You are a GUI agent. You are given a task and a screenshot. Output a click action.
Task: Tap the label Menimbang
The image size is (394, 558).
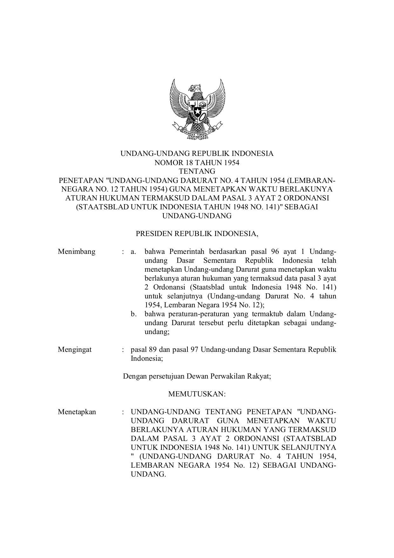click(77, 252)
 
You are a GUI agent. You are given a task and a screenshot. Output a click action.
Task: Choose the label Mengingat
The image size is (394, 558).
click(75, 350)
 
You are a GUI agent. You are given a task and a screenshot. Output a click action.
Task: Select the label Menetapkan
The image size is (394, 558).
click(77, 412)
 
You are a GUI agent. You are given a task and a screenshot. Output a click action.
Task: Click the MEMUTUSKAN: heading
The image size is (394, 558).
click(197, 394)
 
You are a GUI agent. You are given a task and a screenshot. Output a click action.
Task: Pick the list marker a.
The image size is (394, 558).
click(133, 252)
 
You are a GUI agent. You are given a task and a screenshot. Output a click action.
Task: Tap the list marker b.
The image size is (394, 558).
click(133, 314)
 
